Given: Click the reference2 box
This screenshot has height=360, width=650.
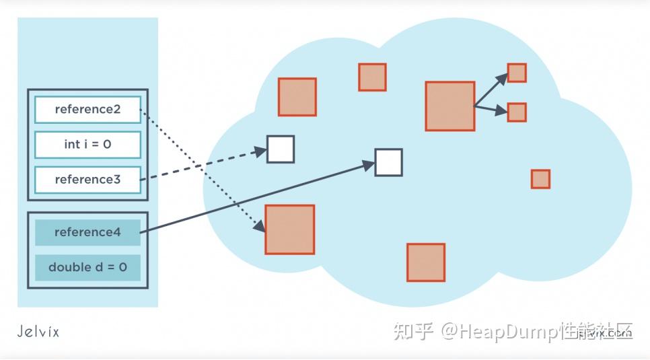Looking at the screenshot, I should tap(87, 110).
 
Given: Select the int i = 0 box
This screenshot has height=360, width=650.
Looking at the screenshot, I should tap(87, 145).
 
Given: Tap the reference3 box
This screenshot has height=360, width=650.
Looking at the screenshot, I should tap(87, 180).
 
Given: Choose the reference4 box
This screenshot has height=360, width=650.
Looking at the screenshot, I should tap(87, 232).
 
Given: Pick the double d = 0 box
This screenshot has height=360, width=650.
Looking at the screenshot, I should tap(87, 267).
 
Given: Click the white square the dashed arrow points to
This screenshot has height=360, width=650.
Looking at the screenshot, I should tap(281, 149).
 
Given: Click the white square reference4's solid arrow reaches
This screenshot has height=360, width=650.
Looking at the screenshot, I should tap(388, 162).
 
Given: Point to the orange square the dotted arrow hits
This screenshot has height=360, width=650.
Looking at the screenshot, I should tap(290, 229).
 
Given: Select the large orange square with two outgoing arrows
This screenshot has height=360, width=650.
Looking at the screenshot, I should tap(449, 106).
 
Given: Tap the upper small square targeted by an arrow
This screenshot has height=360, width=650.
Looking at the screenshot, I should tap(517, 73).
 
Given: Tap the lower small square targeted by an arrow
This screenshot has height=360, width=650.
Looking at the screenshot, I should tap(517, 112).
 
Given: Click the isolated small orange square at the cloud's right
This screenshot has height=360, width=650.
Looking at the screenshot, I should tap(540, 179).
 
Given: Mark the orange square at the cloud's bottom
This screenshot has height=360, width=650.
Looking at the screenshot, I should tap(426, 262).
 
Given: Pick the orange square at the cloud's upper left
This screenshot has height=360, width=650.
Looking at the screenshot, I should tap(297, 97).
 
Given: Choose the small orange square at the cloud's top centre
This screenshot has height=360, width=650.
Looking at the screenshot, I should tap(372, 77).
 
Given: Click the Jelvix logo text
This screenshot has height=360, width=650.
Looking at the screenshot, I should tap(38, 331).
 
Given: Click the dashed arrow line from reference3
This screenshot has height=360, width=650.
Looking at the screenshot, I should tap(202, 166).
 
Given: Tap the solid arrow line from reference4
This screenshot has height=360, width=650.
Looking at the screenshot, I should tap(256, 197).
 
